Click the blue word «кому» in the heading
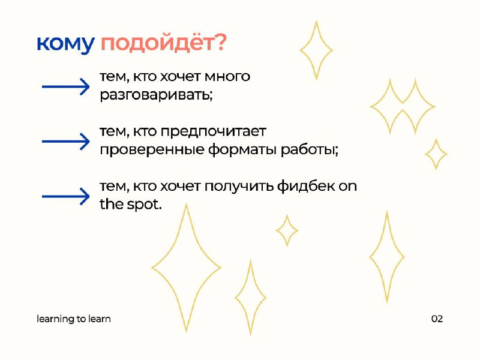(x=65, y=44)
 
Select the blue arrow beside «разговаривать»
(x=66, y=86)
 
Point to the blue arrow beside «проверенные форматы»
(x=66, y=141)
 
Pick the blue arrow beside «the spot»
(x=66, y=196)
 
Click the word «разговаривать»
(x=156, y=95)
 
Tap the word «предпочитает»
(x=214, y=131)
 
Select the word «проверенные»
(x=152, y=149)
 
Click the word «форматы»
(x=243, y=150)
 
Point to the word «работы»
(x=310, y=149)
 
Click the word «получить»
(x=239, y=187)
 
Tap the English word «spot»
(x=144, y=205)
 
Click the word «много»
(x=227, y=77)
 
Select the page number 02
(x=437, y=319)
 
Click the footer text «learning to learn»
(x=73, y=319)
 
